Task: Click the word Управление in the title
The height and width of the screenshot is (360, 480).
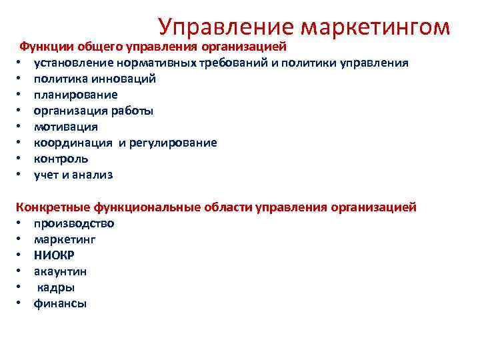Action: tap(226, 27)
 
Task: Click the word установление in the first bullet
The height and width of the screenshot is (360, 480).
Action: tap(71, 63)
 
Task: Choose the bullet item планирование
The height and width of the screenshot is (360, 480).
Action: tap(76, 95)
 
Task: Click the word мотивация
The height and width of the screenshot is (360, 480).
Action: tap(66, 127)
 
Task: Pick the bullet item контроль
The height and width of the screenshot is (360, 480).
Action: tap(61, 159)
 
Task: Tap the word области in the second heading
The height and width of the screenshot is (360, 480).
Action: tap(228, 207)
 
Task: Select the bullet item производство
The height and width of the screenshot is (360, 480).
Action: tap(74, 223)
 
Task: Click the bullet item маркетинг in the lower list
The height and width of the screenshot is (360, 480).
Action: tap(65, 239)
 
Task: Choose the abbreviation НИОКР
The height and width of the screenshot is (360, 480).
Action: tap(55, 255)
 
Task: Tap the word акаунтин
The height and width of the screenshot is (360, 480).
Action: tap(61, 271)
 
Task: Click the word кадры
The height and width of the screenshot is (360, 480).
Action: tap(56, 287)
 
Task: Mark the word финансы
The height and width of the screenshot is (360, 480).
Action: tap(61, 303)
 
